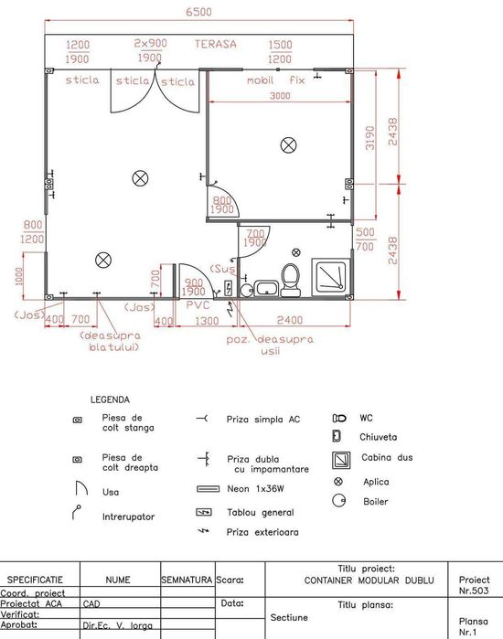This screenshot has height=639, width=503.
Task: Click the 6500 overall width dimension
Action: tap(198, 11)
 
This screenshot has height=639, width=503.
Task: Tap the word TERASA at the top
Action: tap(215, 44)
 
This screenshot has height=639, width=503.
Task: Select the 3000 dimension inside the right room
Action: tap(280, 96)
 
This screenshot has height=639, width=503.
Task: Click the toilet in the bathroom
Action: tap(291, 280)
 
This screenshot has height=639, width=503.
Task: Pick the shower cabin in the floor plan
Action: tap(331, 277)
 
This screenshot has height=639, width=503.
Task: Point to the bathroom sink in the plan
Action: tap(266, 288)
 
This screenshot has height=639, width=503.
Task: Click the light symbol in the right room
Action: tap(289, 145)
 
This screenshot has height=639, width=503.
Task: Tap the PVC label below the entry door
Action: tap(198, 305)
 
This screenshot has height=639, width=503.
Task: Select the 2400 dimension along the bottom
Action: tap(290, 320)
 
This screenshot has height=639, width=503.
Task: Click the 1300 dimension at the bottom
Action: tap(207, 321)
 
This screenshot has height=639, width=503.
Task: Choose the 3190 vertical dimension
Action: tap(369, 138)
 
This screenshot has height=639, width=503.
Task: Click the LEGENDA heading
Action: tap(110, 399)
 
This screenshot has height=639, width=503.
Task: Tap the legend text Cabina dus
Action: tap(387, 457)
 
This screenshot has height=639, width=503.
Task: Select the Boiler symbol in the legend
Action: tap(338, 500)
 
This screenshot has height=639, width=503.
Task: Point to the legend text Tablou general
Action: tap(261, 513)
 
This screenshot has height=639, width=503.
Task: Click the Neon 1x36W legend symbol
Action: tap(209, 489)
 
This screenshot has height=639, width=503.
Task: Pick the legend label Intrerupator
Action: tap(128, 517)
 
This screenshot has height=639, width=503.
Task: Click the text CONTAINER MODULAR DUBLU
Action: tap(369, 580)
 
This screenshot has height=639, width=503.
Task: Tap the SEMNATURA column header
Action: tap(187, 580)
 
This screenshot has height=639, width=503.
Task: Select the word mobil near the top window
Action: tap(260, 80)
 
